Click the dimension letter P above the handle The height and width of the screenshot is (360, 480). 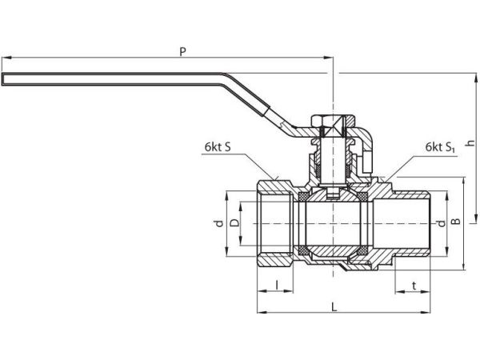click(x=182, y=51)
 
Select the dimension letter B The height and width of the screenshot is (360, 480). click(x=456, y=221)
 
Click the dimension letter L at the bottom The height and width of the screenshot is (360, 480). click(x=334, y=306)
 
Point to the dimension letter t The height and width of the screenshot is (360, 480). click(x=414, y=286)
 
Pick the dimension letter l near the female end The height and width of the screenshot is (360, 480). click(x=277, y=285)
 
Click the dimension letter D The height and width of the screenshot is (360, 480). click(x=234, y=222)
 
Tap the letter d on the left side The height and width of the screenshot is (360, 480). click(x=219, y=223)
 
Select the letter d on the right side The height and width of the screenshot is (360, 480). click(x=442, y=223)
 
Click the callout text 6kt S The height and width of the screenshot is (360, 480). click(x=218, y=147)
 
